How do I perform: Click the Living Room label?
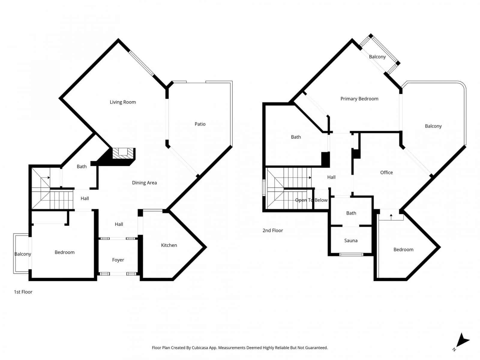tap(123, 102)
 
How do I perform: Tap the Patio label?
tap(200, 124)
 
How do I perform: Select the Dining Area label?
tap(144, 183)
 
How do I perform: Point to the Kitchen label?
tap(169, 245)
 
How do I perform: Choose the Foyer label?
tap(118, 260)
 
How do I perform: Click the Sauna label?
tap(351, 240)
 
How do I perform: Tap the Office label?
tap(386, 172)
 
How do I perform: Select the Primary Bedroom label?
tap(359, 99)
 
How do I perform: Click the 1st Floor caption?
tap(23, 292)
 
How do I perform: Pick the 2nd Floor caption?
tap(273, 230)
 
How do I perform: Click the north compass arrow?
tap(462, 340)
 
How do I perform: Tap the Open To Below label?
tap(311, 200)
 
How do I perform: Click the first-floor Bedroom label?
tap(64, 252)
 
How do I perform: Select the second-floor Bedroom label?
tap(403, 250)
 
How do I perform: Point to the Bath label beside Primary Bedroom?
tap(296, 137)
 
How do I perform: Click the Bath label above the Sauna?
tap(351, 213)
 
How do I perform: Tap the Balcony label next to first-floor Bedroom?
tap(23, 254)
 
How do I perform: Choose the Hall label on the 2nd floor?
tap(331, 177)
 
